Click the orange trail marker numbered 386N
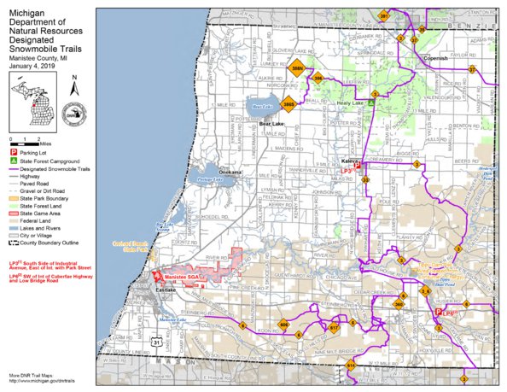[x=297, y=69]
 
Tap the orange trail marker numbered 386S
[x=289, y=104]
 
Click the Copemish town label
[x=435, y=59]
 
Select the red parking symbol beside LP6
[x=439, y=312]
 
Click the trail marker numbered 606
[x=285, y=325]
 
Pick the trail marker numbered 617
[x=334, y=327]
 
